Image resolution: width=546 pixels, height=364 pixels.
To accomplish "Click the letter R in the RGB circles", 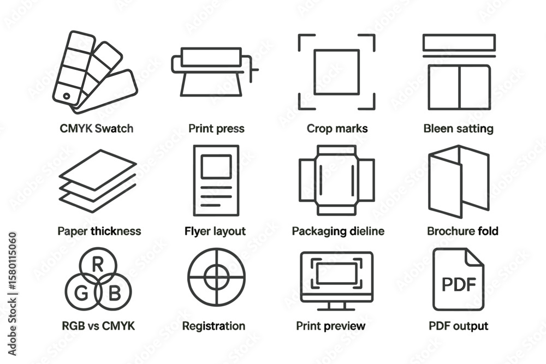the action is (x=98, y=265).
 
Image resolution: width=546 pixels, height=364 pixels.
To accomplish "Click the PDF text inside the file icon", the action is (x=459, y=284).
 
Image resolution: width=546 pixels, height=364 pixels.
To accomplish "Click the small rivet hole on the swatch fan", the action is (x=66, y=96).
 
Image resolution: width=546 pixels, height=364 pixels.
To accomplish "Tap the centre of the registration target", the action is (x=217, y=277).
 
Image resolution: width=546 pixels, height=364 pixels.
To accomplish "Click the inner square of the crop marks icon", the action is (x=336, y=72).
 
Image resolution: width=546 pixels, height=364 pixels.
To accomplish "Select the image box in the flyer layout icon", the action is (x=216, y=166).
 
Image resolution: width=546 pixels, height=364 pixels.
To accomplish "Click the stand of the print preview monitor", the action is (x=336, y=306).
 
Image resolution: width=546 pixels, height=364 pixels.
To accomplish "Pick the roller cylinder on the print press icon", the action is (x=211, y=57).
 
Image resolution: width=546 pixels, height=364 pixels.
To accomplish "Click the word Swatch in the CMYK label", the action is (x=114, y=128).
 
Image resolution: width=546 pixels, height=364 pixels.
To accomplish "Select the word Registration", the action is (x=214, y=326).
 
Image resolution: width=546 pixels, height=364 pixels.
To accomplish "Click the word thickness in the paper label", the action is (x=116, y=231).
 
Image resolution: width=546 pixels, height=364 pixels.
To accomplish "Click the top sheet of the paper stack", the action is (x=98, y=170).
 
